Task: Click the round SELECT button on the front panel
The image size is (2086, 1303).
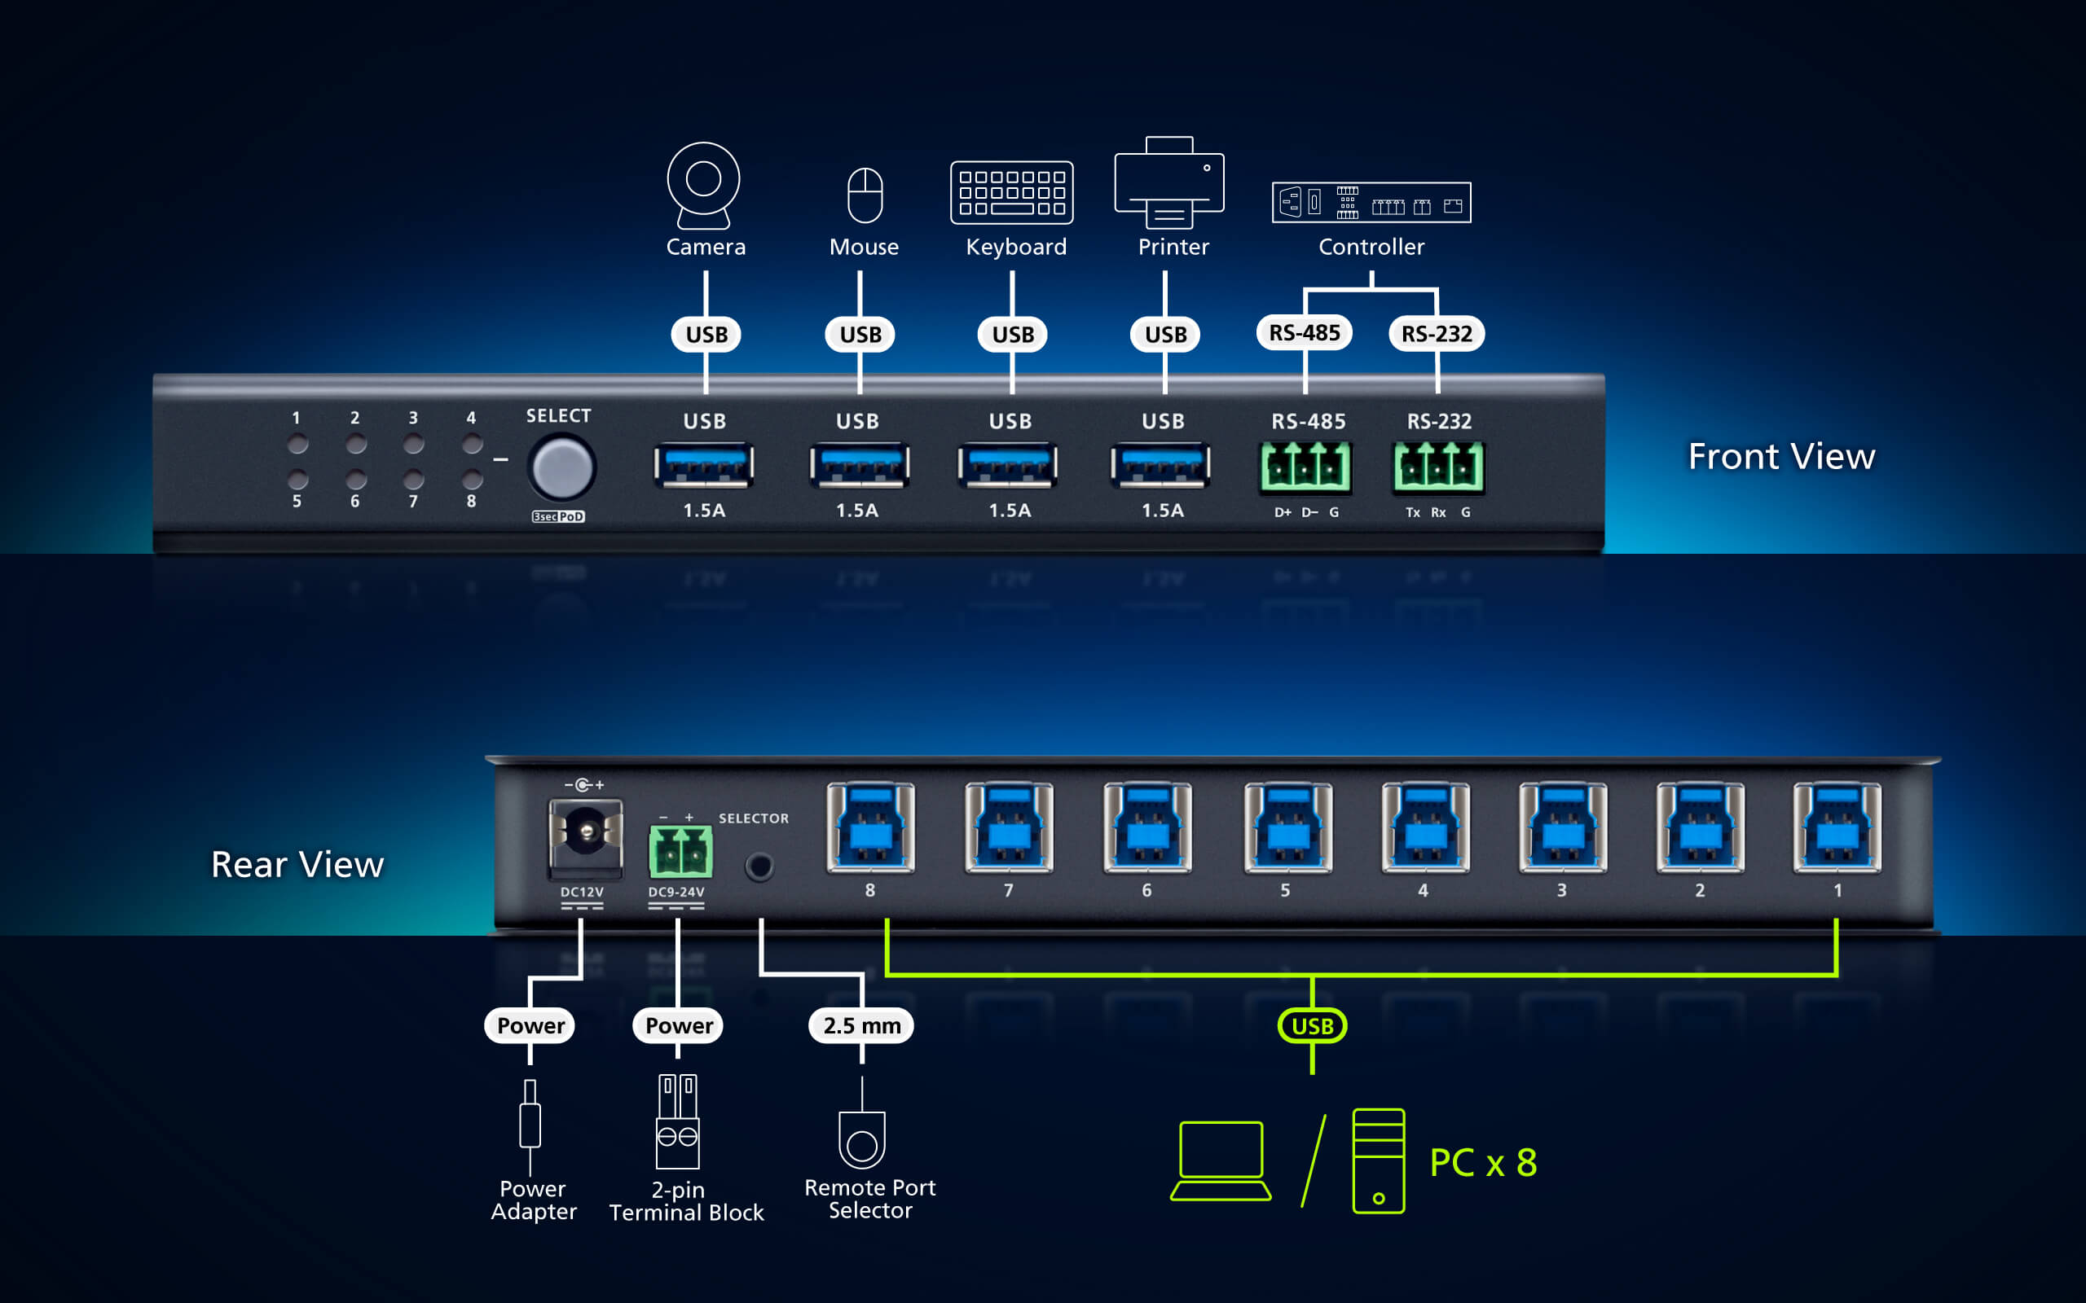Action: [x=562, y=468]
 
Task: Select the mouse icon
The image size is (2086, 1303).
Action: [x=865, y=195]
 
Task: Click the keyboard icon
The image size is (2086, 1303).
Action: [x=1011, y=192]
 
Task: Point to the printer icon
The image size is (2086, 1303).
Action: [x=1168, y=182]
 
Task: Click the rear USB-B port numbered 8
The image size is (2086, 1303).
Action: [x=870, y=827]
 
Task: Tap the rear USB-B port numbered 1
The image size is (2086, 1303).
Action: [x=1837, y=827]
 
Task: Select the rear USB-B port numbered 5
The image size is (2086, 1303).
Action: [x=1287, y=827]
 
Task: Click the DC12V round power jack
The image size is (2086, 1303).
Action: [x=586, y=832]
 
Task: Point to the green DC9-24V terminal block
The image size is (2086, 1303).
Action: [x=680, y=852]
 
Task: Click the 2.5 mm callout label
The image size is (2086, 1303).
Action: [x=861, y=1025]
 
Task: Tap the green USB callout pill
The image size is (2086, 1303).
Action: [x=1312, y=1026]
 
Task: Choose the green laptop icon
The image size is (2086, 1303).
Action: [x=1221, y=1160]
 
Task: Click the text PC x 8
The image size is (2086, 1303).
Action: [x=1483, y=1163]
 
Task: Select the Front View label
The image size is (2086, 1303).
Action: [x=1781, y=456]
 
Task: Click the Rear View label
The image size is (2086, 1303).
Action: [x=297, y=864]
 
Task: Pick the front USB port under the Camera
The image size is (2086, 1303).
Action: [x=703, y=465]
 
